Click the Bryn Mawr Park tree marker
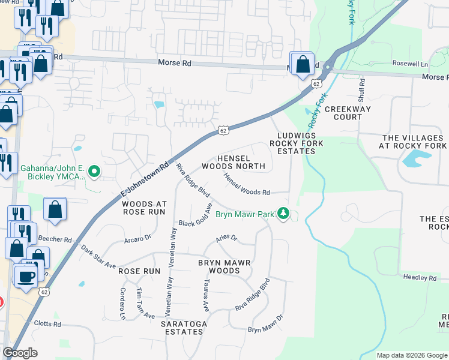(x=285, y=214)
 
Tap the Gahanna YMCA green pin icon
(x=94, y=172)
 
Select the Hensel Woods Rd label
(x=247, y=184)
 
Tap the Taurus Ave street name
(x=206, y=295)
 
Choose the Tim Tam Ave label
(x=145, y=304)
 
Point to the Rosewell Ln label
(x=410, y=64)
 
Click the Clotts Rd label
(x=49, y=324)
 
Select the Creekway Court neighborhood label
(x=348, y=113)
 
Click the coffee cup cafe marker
(x=26, y=276)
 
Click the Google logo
(x=20, y=353)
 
